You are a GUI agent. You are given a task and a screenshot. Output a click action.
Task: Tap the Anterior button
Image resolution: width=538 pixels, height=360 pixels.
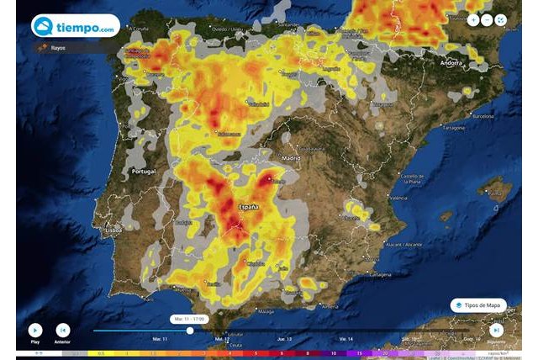62,331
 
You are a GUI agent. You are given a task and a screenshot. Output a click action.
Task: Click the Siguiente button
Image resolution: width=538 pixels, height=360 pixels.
497,331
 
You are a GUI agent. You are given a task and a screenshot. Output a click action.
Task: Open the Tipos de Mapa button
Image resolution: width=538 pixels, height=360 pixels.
478,305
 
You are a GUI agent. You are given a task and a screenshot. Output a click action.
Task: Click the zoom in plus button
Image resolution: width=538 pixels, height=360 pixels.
473,19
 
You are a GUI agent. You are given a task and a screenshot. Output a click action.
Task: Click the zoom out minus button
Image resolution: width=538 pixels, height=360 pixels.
487,19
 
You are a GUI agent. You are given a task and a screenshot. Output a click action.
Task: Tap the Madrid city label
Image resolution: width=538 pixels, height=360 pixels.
292,158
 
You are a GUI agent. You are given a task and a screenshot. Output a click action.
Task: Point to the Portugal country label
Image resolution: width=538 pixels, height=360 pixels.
144,172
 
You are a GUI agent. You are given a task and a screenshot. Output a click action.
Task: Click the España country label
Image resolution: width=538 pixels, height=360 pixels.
249,206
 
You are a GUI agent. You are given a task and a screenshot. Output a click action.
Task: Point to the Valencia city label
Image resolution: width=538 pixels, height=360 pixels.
398,198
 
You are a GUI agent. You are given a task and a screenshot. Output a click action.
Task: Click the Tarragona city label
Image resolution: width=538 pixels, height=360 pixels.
453,128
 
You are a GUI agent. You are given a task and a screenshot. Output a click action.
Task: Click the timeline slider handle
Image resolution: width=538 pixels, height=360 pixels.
190,331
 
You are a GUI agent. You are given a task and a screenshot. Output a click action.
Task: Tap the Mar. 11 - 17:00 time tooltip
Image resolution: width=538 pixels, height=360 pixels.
189,319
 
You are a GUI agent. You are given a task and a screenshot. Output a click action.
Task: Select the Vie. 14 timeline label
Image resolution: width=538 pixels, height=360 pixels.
345,339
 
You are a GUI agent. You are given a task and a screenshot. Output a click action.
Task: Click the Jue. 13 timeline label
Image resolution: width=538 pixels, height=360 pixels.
283,339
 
